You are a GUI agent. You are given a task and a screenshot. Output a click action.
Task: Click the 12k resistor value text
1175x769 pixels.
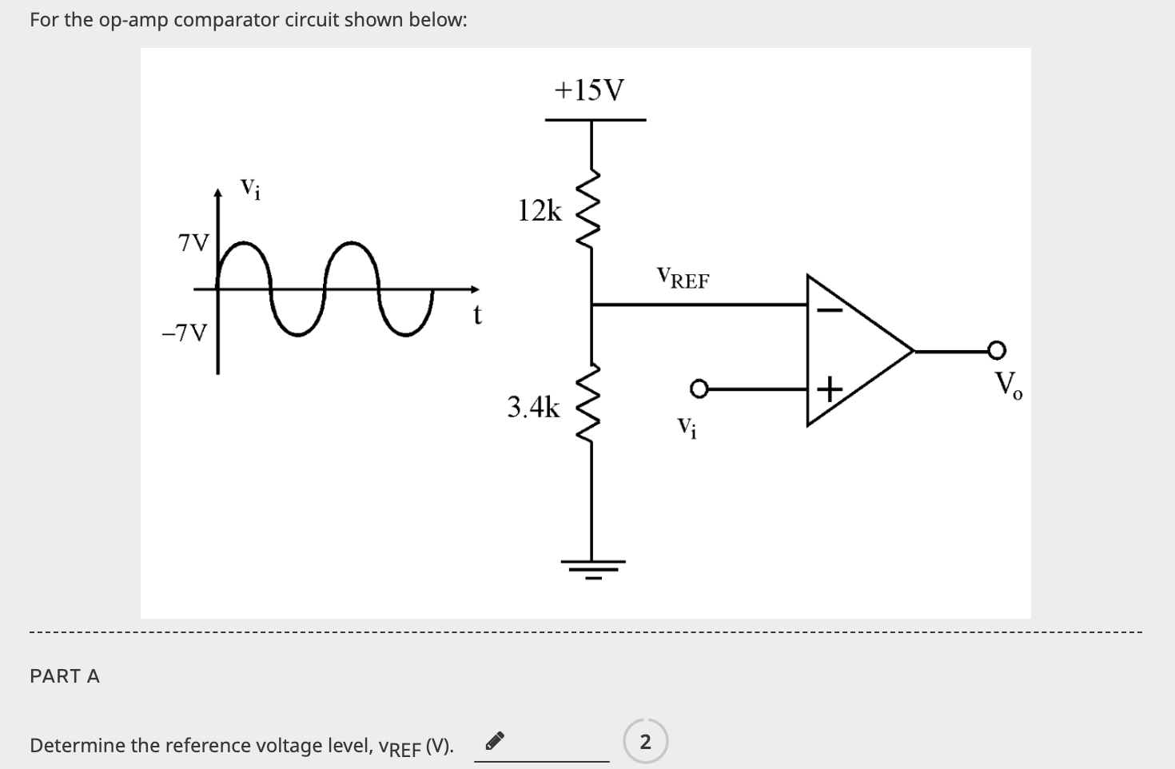[x=540, y=211]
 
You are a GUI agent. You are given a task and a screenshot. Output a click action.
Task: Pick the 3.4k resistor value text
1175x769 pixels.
[x=534, y=408]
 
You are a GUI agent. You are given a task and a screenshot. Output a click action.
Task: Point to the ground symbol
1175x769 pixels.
[x=592, y=567]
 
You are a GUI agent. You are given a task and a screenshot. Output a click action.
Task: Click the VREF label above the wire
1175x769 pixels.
[x=683, y=279]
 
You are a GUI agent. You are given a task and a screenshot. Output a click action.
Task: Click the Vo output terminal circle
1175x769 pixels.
[x=995, y=350]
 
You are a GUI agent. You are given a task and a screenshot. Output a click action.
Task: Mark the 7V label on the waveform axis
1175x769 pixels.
[x=193, y=242]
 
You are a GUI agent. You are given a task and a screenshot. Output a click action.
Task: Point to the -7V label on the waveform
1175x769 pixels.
[x=185, y=333]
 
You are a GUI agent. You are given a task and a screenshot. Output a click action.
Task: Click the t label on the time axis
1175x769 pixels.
[x=477, y=317]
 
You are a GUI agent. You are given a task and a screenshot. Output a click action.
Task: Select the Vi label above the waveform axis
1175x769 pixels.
[x=250, y=189]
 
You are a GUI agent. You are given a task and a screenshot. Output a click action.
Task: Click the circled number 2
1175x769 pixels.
[x=645, y=742]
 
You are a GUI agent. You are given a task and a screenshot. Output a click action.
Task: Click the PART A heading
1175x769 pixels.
[x=65, y=676]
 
